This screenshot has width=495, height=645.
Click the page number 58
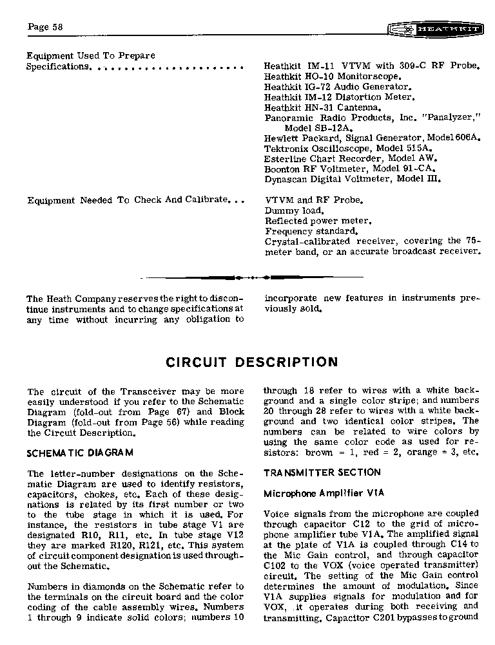point(44,26)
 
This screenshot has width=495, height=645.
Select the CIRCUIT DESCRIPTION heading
point(252,362)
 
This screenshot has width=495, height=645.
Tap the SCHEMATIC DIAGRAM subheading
point(80,453)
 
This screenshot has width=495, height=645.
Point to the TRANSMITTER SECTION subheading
point(322,472)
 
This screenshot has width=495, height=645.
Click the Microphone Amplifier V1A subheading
point(324,494)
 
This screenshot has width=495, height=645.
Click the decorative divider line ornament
point(252,277)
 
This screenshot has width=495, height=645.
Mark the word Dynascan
point(286,179)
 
